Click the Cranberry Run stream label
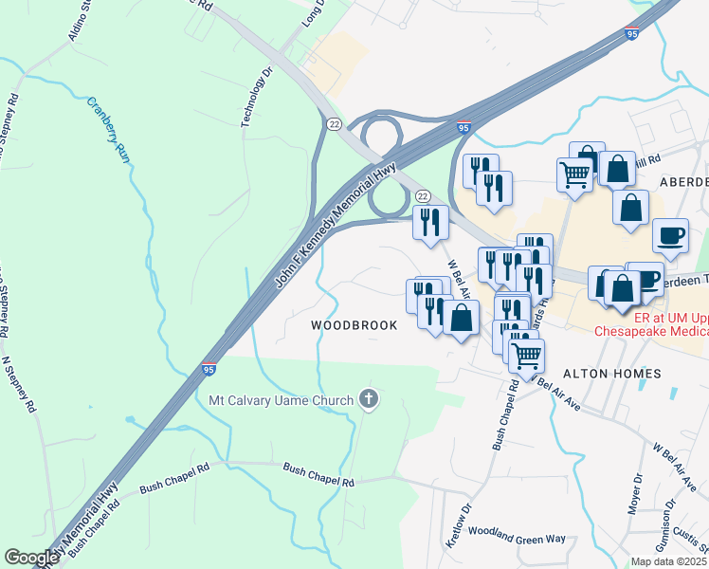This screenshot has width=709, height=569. tap(108, 130)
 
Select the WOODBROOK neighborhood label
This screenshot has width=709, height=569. tap(354, 324)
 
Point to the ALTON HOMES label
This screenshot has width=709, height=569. tap(612, 374)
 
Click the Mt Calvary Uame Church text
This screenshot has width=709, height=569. tap(282, 399)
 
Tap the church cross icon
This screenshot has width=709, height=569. tap(370, 399)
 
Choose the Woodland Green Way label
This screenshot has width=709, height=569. tap(517, 538)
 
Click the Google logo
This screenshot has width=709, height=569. tap(31, 558)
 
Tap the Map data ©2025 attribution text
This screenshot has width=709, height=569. tap(668, 561)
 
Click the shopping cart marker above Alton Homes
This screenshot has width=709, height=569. tap(526, 356)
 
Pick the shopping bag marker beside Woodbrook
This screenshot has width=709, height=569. tap(461, 319)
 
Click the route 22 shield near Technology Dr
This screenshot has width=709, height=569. tap(334, 124)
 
